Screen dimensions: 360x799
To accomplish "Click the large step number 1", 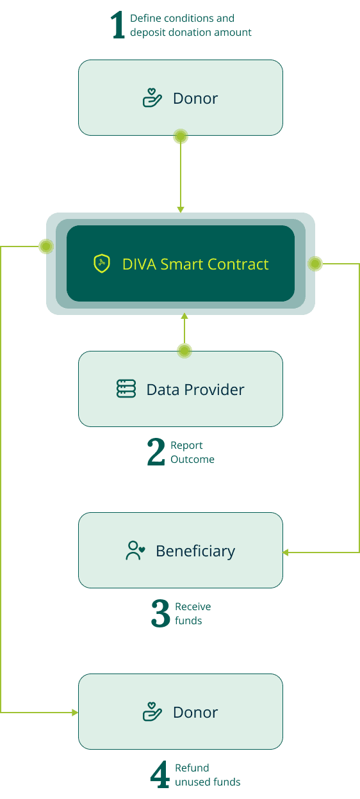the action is pyautogui.click(x=118, y=24).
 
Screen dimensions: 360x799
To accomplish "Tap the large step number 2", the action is pyautogui.click(x=156, y=452).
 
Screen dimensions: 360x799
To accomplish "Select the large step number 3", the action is pyautogui.click(x=161, y=613).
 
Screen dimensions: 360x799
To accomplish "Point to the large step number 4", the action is pyautogui.click(x=160, y=774).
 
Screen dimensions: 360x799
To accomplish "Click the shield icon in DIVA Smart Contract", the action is pyautogui.click(x=102, y=263).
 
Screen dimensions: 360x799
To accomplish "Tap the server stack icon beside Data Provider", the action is pyautogui.click(x=126, y=389).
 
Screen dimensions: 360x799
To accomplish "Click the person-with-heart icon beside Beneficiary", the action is pyautogui.click(x=135, y=551).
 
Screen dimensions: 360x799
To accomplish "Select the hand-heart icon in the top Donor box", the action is pyautogui.click(x=152, y=98).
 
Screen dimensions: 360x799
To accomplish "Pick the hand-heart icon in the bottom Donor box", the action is pyautogui.click(x=152, y=712).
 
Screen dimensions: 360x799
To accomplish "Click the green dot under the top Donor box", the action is pyautogui.click(x=181, y=136).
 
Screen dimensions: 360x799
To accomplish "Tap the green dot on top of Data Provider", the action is pyautogui.click(x=184, y=351).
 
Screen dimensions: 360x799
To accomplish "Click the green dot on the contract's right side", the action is pyautogui.click(x=315, y=264).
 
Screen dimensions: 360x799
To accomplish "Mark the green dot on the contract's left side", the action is pyautogui.click(x=46, y=246).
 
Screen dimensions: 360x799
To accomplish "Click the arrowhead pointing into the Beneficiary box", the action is pyautogui.click(x=286, y=553).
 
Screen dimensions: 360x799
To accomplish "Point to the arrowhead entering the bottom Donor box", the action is pyautogui.click(x=75, y=713).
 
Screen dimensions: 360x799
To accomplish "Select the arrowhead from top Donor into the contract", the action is pyautogui.click(x=181, y=210).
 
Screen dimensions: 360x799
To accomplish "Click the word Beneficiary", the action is pyautogui.click(x=195, y=551).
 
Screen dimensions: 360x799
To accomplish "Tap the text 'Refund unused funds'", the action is pyautogui.click(x=208, y=775).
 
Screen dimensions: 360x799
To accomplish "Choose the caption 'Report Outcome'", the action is pyautogui.click(x=192, y=452).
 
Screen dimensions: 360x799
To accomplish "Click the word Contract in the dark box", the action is pyautogui.click(x=238, y=264).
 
